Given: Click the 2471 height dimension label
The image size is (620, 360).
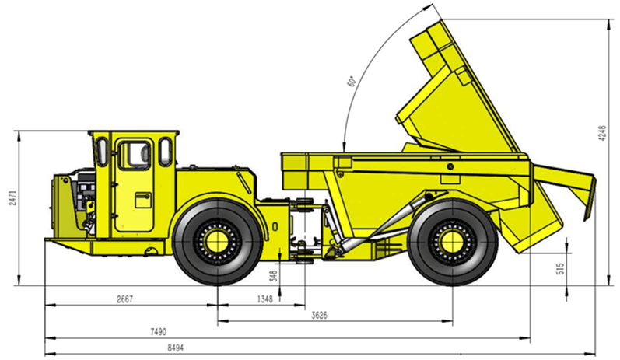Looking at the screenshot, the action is point(12,197).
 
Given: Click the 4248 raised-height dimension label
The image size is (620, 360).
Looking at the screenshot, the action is point(602,134).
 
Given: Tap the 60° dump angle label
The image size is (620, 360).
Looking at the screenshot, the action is point(351,81).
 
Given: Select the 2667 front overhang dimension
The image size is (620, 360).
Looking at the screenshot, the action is point(125,299).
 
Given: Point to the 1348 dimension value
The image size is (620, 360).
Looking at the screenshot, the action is point(265,299).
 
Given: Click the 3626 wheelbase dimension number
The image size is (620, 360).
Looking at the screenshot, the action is point(319,316).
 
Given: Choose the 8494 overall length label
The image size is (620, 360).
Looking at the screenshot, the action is point(176,348).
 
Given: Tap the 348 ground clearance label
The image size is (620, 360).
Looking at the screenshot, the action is point(273,275).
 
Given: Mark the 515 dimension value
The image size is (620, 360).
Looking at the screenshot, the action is point(561,269).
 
